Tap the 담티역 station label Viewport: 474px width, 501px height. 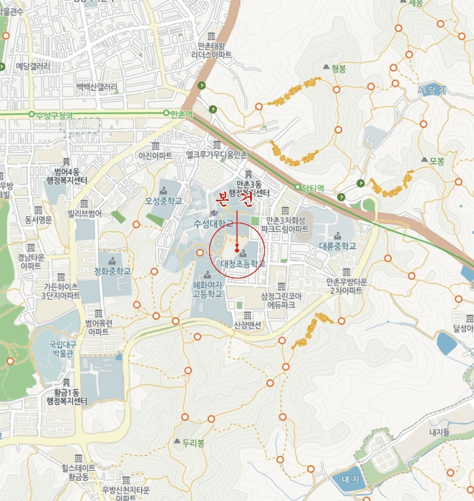[313, 189]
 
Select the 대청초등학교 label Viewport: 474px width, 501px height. [242, 263]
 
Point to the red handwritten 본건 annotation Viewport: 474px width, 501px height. [236, 199]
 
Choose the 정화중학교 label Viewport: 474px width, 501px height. [112, 271]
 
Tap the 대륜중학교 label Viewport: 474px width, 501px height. [338, 245]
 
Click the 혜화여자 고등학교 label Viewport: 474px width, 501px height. [208, 289]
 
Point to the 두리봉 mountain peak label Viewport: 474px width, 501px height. [193, 443]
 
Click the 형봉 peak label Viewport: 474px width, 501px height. [339, 69]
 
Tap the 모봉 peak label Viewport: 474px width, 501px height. [437, 161]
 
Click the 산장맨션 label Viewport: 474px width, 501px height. [248, 325]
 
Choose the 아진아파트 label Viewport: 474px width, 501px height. [155, 155]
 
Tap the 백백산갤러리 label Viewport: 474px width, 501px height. [97, 87]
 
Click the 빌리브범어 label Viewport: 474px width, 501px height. [85, 213]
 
